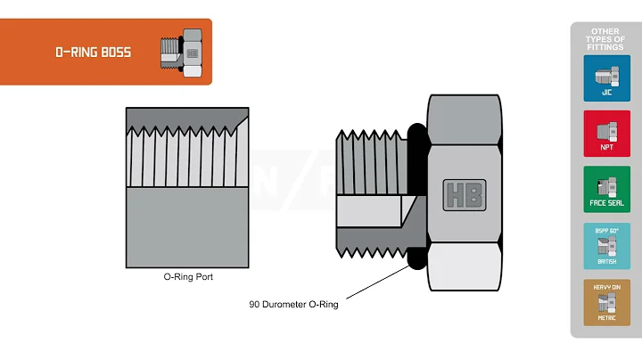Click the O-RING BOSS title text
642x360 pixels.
click(x=94, y=53)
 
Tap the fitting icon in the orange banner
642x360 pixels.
click(x=182, y=52)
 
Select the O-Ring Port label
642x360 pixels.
click(x=187, y=277)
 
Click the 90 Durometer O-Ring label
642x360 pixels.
click(x=293, y=304)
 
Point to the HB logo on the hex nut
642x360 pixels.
click(x=465, y=194)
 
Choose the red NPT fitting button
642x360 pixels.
click(x=606, y=134)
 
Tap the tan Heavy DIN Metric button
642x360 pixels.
click(x=606, y=302)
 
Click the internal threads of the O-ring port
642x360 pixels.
click(x=187, y=155)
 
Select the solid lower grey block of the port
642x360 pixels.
click(x=187, y=227)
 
